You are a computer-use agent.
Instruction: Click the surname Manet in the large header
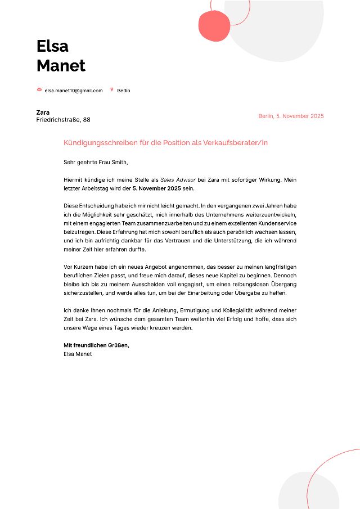tap(61, 65)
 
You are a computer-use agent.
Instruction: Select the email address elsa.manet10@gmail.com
tap(74, 91)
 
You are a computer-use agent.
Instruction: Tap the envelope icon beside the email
tap(39, 90)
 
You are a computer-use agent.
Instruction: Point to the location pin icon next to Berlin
tap(112, 90)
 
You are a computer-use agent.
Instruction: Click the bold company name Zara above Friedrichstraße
tap(43, 112)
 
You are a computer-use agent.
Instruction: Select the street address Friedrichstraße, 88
tap(63, 120)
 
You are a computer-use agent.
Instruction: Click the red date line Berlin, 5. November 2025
tap(291, 116)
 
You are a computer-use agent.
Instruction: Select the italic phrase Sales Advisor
tap(177, 179)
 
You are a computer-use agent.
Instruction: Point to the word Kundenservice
tap(276, 224)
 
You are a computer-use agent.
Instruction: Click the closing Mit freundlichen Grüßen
tap(97, 345)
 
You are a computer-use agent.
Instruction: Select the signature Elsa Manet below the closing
tap(78, 354)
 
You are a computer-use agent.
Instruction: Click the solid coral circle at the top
tap(211, 26)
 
